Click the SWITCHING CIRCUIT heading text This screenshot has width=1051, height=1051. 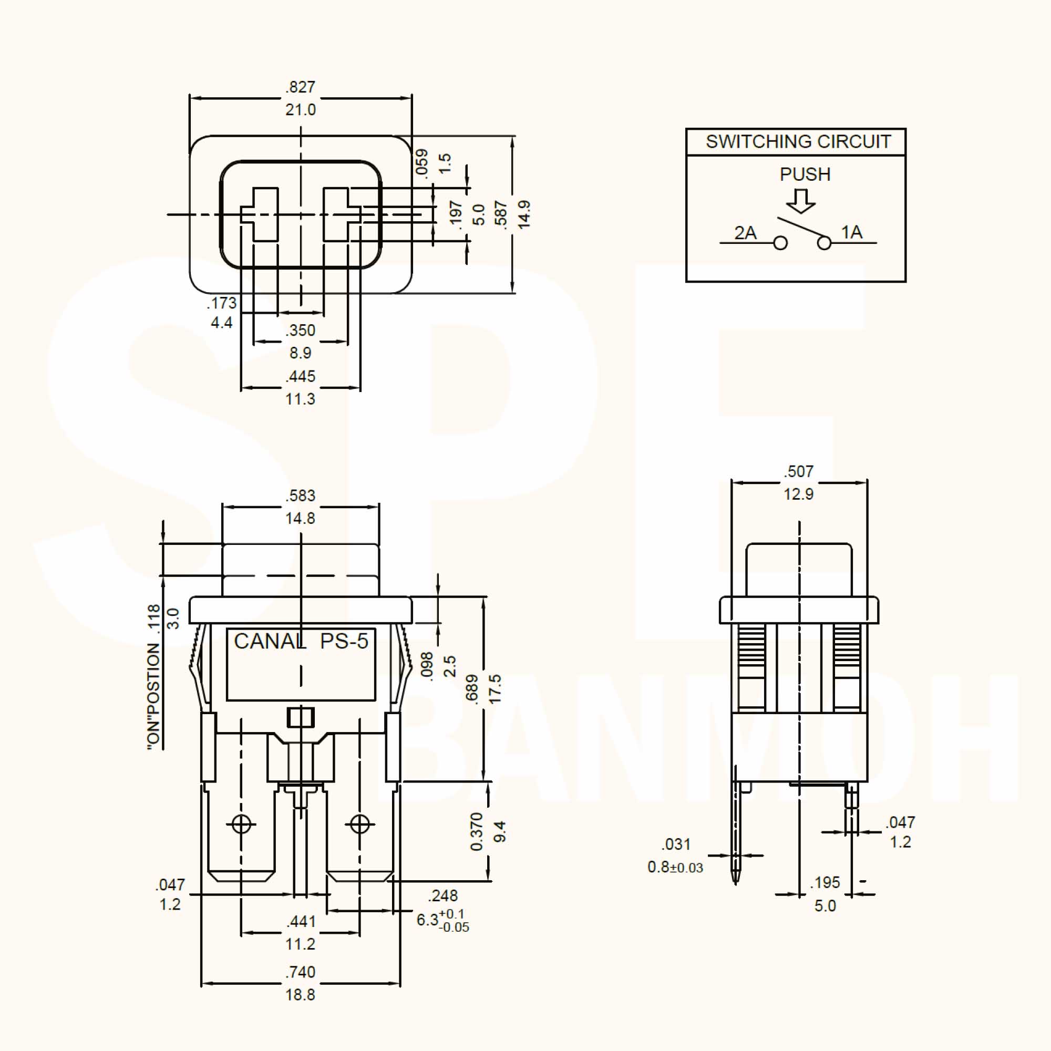(798, 142)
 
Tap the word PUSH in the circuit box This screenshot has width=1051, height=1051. (805, 174)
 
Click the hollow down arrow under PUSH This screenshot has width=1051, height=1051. (800, 201)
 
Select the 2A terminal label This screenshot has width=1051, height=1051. (745, 233)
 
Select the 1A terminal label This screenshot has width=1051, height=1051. (851, 232)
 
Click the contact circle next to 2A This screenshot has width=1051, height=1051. (780, 243)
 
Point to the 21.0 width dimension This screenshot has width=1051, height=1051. (300, 110)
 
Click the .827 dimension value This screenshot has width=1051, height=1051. (300, 87)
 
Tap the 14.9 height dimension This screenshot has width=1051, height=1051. (524, 214)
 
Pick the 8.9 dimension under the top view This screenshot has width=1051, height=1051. (300, 353)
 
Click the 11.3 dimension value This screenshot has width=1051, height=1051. (300, 399)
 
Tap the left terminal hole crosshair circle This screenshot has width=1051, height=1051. (242, 824)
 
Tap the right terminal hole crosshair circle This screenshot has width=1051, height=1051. (359, 824)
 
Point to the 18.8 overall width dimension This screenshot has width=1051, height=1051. (300, 995)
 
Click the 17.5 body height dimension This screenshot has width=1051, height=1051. (495, 689)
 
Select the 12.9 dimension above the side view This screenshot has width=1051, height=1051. (798, 494)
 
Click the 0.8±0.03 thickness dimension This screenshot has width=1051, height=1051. (675, 867)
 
